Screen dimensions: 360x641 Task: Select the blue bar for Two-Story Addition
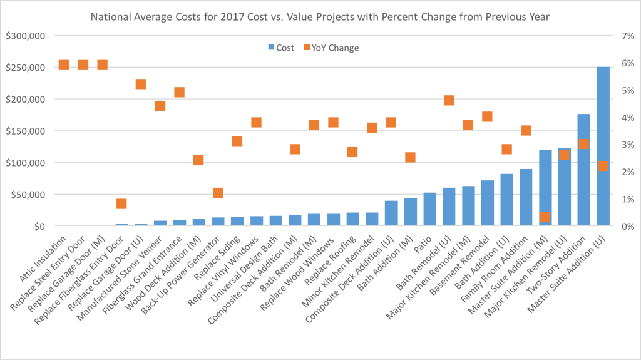[x=583, y=170]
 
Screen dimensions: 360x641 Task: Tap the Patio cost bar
[x=429, y=209]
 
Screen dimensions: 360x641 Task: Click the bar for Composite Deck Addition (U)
[x=391, y=213]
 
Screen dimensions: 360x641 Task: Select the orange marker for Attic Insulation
[x=63, y=65]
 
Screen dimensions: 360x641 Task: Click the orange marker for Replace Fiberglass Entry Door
[x=121, y=203]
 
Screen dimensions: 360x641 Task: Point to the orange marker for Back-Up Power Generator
[x=218, y=193]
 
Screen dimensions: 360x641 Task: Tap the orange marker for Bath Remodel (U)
[x=449, y=100]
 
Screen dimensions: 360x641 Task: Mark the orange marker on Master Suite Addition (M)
[x=545, y=217]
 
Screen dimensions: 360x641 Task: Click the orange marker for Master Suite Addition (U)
[x=603, y=166]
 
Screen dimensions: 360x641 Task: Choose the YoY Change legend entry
[x=332, y=48]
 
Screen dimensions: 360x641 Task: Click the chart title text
[x=320, y=17]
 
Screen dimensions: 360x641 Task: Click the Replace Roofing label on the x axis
[x=336, y=265]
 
